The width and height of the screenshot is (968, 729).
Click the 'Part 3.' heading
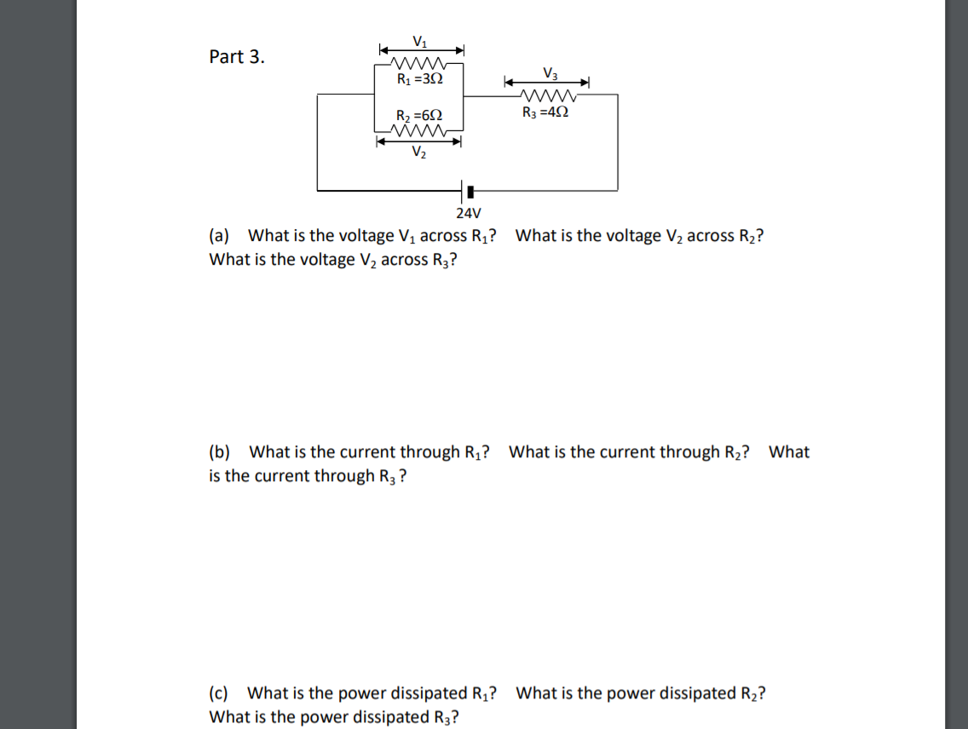[237, 57]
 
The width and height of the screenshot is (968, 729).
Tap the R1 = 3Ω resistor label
[420, 79]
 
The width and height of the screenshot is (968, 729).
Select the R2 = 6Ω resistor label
[420, 116]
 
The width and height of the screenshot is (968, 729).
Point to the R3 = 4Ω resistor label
[545, 112]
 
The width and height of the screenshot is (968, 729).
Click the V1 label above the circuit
[420, 41]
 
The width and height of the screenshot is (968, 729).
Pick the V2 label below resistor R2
[419, 153]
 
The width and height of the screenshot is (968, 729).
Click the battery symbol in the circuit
[465, 190]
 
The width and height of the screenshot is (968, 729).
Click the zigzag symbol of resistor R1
[418, 64]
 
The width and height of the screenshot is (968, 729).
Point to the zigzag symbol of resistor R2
[418, 131]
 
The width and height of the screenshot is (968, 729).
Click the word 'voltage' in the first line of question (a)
[366, 236]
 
